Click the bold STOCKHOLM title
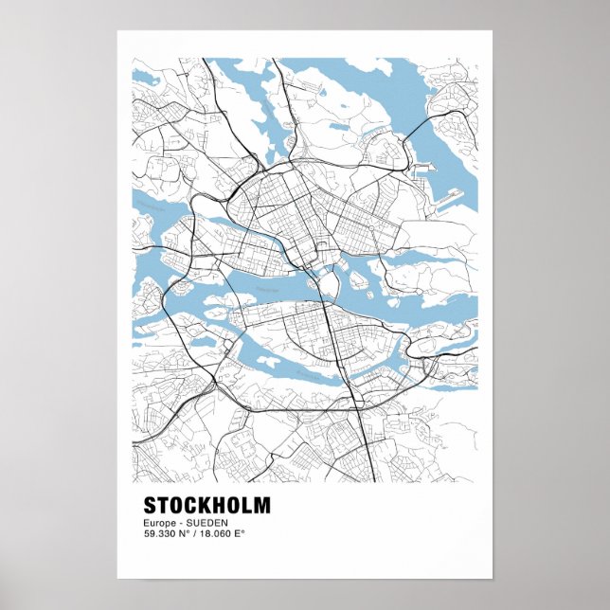tap(206, 505)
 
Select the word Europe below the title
tap(159, 523)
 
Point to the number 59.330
tap(160, 533)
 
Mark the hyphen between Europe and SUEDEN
tap(179, 523)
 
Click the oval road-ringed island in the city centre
tap(328, 283)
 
